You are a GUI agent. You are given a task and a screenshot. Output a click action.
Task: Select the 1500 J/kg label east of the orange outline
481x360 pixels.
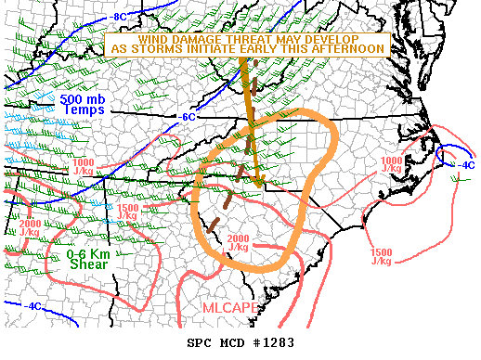[x=382, y=257]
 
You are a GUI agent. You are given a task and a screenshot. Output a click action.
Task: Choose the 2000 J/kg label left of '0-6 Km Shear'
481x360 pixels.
[x=29, y=228]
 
